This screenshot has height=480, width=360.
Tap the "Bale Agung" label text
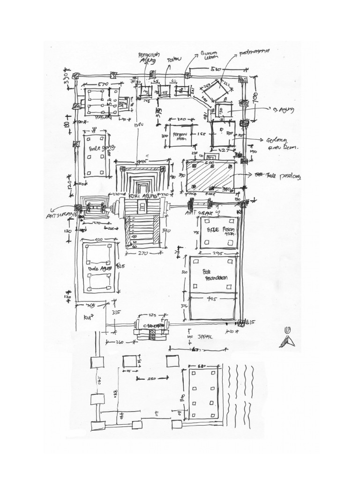click(99, 269)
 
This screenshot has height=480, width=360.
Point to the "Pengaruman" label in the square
click(179, 136)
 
